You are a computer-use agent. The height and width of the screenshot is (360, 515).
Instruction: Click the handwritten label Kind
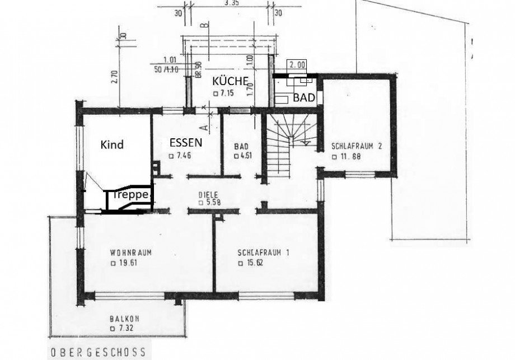tap(111, 144)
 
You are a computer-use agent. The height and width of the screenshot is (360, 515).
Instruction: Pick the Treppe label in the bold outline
tap(129, 195)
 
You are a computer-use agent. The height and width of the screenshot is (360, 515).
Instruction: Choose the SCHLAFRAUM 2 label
tap(356, 146)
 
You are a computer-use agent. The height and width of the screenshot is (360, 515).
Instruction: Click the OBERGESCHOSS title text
tap(98, 353)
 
